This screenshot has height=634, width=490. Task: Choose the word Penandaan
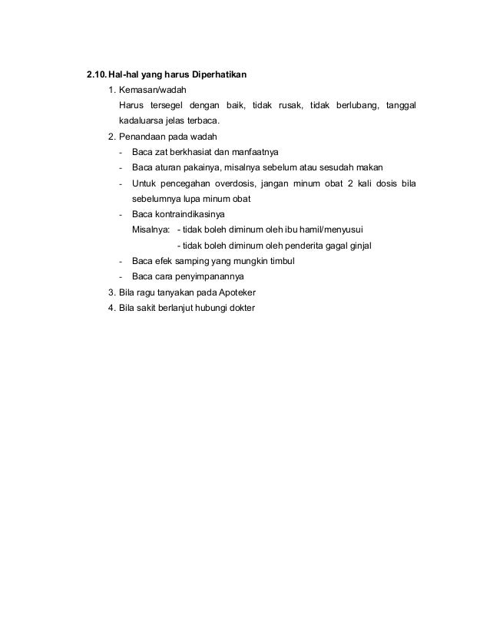click(x=143, y=137)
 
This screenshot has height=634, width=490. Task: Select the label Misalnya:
click(x=151, y=229)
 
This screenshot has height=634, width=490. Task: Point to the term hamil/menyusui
click(x=333, y=229)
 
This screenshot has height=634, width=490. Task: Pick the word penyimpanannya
click(x=211, y=276)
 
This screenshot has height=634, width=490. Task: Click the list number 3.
click(x=112, y=292)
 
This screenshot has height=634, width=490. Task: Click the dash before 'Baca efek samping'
click(x=121, y=261)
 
